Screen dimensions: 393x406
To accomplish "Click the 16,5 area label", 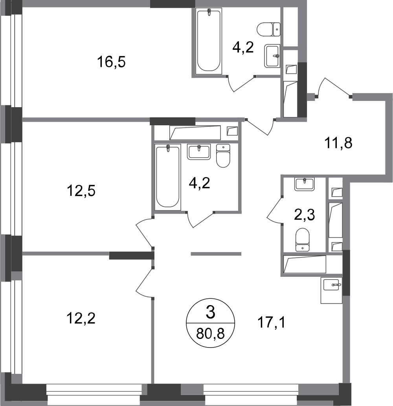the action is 112,62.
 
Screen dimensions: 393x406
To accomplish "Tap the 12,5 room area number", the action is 81,191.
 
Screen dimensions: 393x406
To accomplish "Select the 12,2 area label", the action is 81,318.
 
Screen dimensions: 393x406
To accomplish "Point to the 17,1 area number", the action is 271,323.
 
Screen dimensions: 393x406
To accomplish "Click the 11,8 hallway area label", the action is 338,143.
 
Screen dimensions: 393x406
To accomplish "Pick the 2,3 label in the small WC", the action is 304,215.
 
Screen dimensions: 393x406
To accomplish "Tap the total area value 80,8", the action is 210,334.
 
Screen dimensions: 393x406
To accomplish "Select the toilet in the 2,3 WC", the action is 303,240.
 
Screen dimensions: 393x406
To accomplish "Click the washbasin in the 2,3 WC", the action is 304,184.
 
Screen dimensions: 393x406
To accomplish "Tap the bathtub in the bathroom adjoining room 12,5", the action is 168,177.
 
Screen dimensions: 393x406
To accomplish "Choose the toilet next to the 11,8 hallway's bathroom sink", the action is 223,155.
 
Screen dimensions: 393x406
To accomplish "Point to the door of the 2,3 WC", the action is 275,210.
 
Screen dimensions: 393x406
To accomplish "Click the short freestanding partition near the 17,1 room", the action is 216,254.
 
